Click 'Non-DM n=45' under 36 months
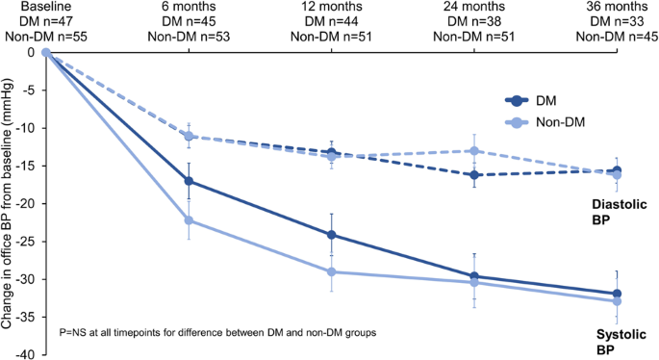click(617, 37)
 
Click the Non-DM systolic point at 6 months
click(189, 220)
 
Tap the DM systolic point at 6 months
click(189, 181)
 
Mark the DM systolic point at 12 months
click(332, 234)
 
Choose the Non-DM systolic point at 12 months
click(332, 272)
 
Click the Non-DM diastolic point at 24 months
click(473, 150)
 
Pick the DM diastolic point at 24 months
click(473, 175)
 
